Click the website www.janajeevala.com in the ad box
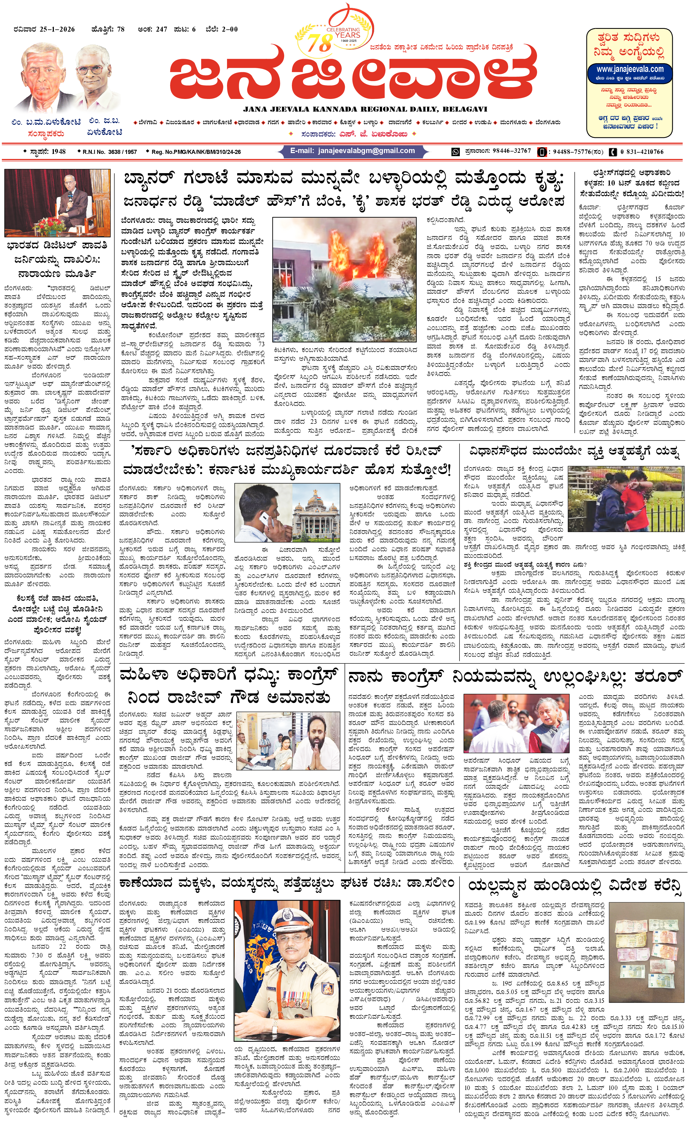coord(630,69)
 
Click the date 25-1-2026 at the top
coord(57,29)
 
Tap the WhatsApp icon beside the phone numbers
coord(455,152)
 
